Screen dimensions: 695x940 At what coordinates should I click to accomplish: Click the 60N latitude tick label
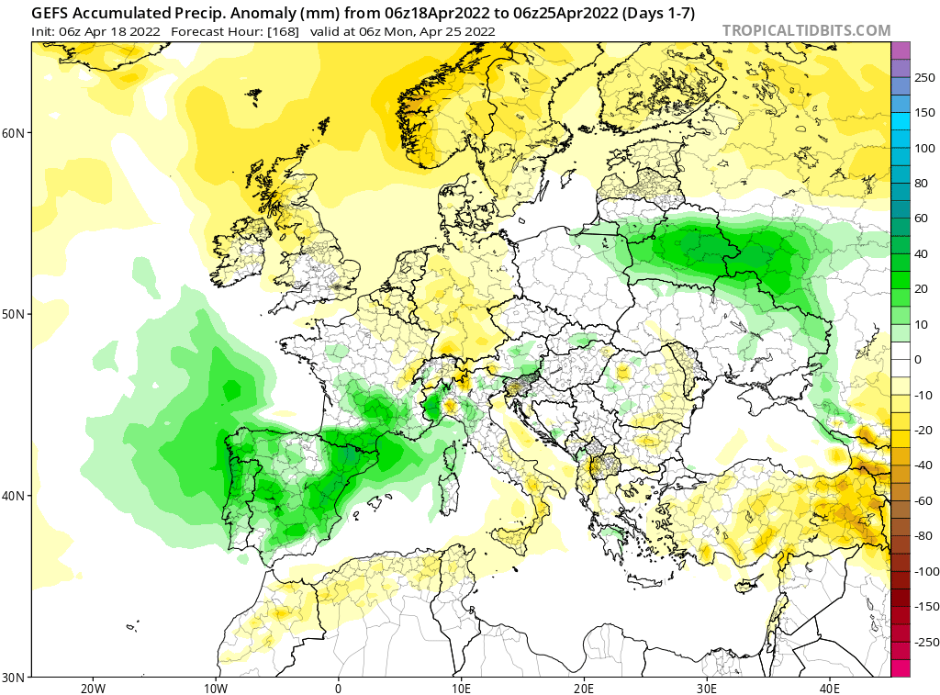[14, 132]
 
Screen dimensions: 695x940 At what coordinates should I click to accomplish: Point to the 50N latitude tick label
[14, 314]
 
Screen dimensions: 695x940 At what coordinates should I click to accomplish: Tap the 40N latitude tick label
[14, 496]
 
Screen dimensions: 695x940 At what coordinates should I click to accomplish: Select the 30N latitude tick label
[14, 677]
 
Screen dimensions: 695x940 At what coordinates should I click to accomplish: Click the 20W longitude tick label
[92, 688]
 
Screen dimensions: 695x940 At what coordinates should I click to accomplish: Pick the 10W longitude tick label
[215, 688]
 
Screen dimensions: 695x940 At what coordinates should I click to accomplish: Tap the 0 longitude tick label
[339, 688]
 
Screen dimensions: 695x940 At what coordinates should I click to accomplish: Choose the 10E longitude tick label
[461, 688]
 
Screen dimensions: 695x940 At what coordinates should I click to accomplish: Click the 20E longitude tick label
[584, 688]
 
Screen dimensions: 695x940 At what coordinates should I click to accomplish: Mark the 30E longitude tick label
[707, 688]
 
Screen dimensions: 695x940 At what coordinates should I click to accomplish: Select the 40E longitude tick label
[830, 688]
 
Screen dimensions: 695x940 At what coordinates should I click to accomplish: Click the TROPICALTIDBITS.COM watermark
[806, 30]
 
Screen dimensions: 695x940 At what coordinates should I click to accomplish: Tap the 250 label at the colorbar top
[924, 77]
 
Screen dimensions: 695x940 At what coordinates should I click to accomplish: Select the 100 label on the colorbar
[924, 148]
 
